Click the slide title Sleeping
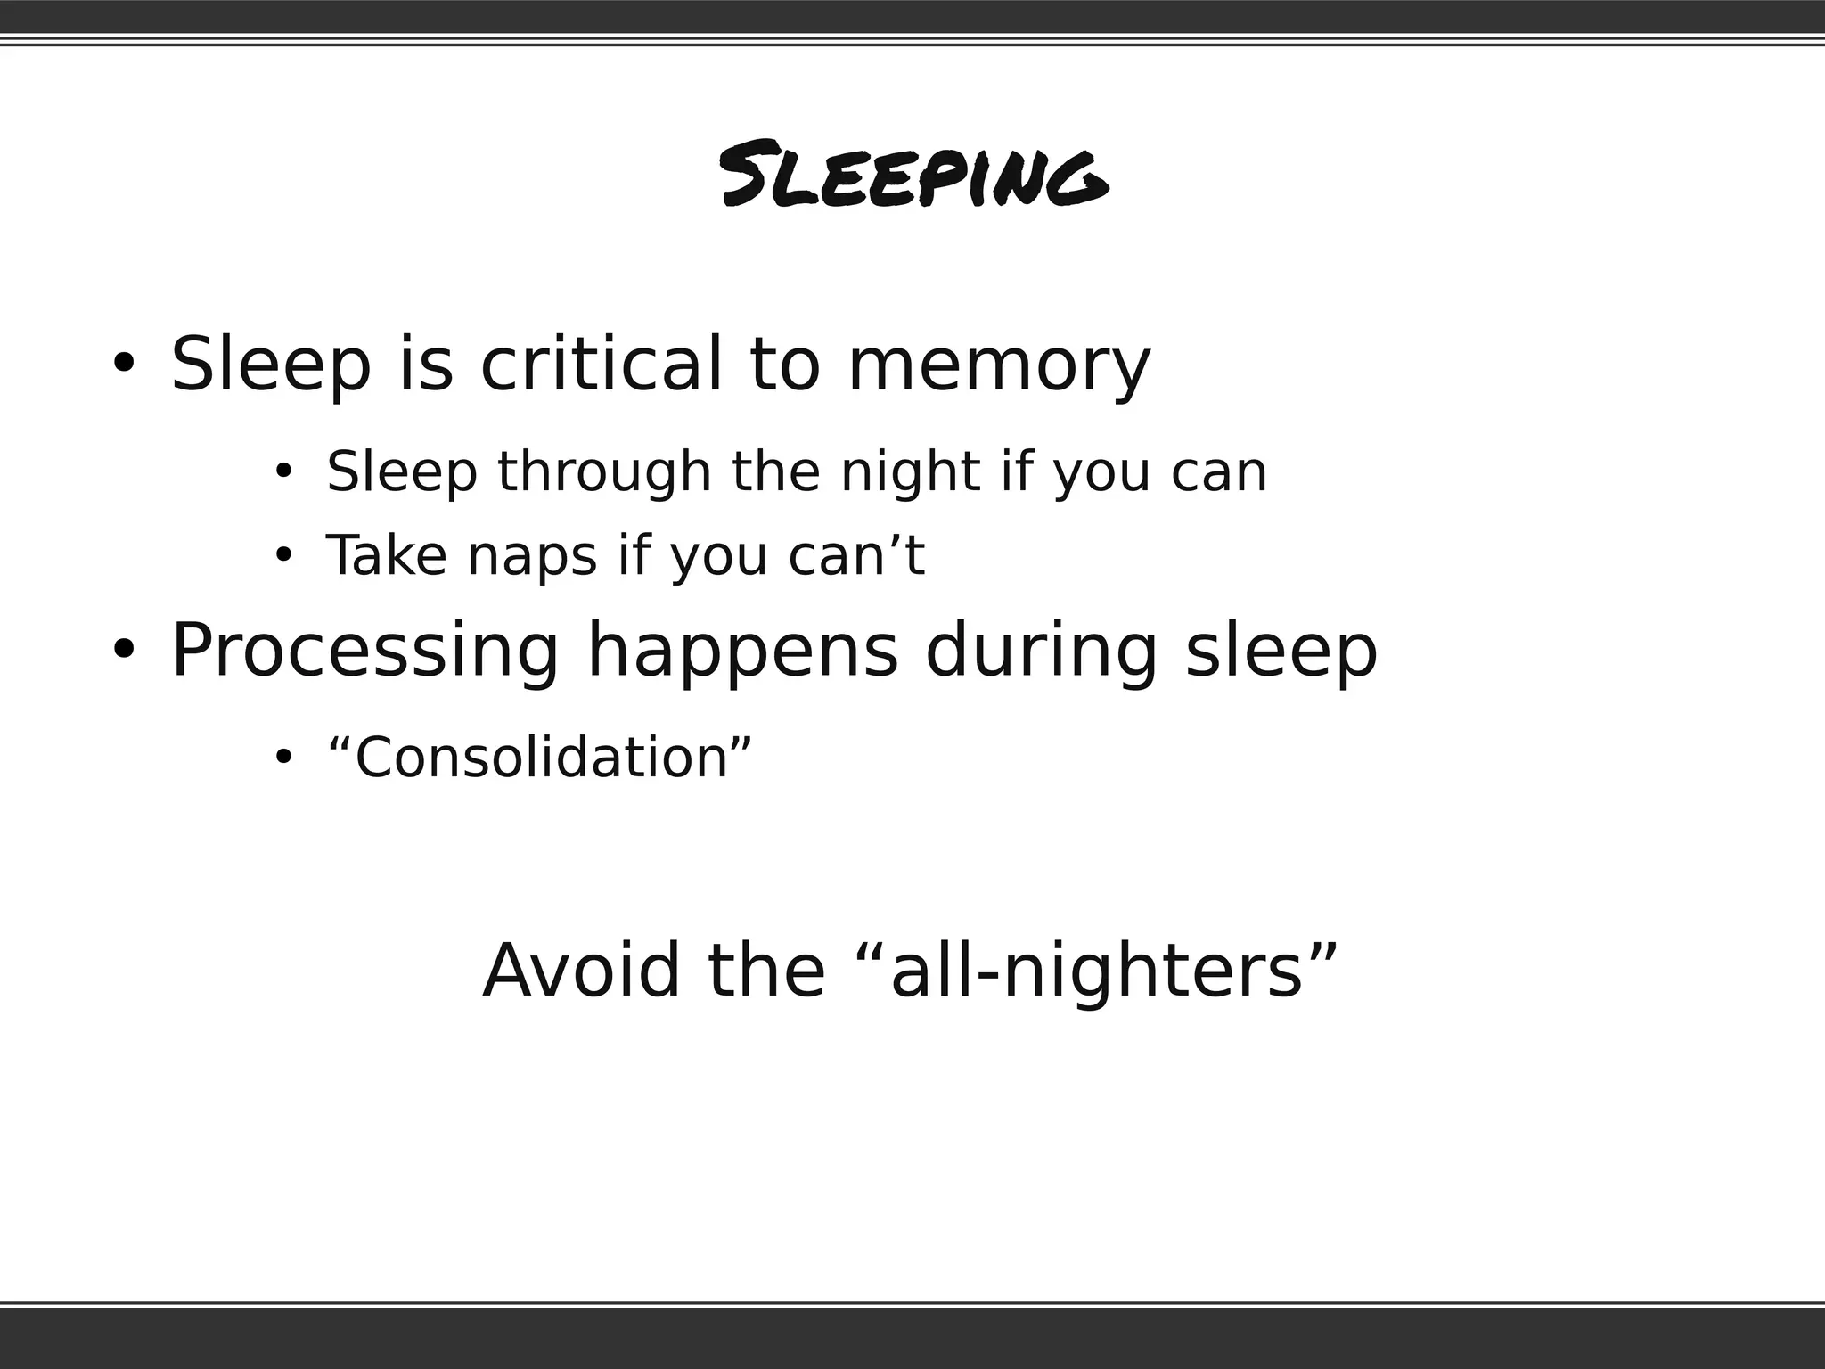(914, 175)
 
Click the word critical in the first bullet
(601, 364)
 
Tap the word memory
(999, 365)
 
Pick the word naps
(532, 556)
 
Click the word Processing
(364, 651)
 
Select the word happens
(742, 651)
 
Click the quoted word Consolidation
(540, 757)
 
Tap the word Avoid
(580, 970)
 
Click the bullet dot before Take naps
(283, 555)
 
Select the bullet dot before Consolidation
(283, 758)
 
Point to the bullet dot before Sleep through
(283, 471)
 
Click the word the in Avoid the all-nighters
(766, 970)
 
